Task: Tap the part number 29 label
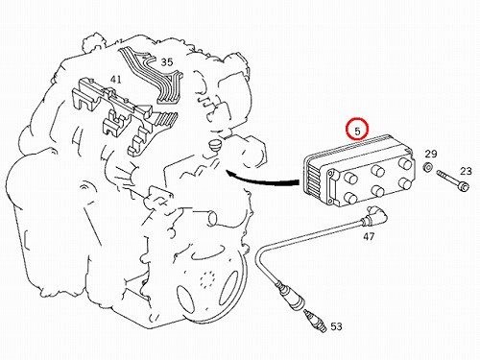coord(431,155)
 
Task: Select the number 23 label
coord(466,171)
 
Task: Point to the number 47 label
coord(369,236)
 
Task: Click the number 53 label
coord(336,326)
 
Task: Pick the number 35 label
coord(167,62)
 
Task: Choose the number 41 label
coord(116,79)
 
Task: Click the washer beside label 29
coord(427,167)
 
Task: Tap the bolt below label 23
coord(453,180)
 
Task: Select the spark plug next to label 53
coord(315,321)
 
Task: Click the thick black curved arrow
coord(262,180)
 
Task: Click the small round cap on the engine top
coord(213,145)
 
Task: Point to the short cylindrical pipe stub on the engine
coord(210,218)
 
